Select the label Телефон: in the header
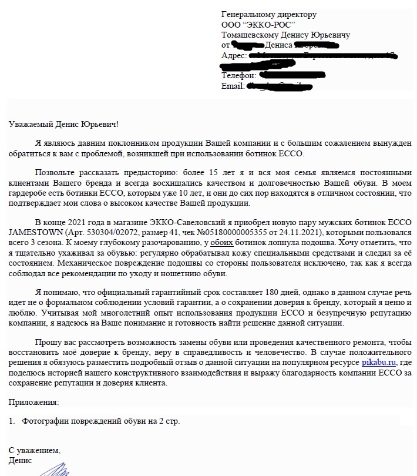(x=238, y=76)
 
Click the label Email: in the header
(x=233, y=86)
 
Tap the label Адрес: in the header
(x=233, y=55)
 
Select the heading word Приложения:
(x=33, y=402)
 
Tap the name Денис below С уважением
(x=21, y=460)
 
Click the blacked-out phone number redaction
(x=284, y=76)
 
